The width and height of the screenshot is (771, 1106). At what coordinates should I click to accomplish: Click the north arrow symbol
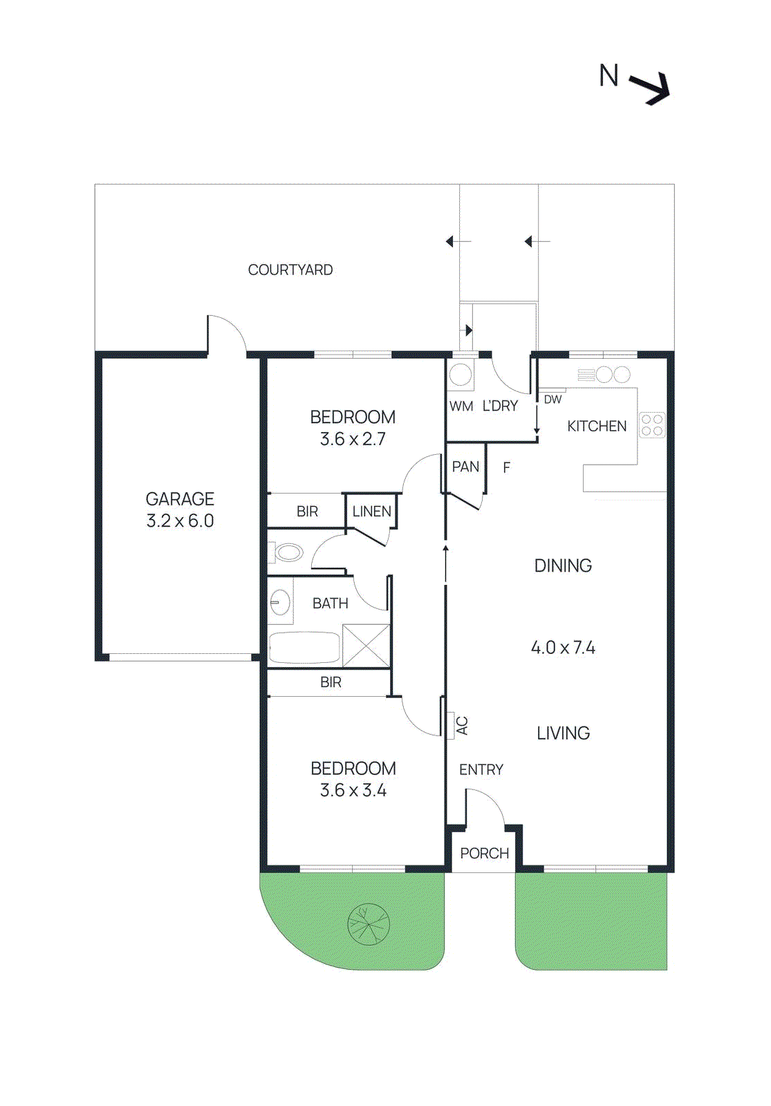(651, 88)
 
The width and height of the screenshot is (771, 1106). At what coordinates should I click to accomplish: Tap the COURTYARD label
(290, 270)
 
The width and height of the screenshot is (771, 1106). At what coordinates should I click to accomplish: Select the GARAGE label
(180, 499)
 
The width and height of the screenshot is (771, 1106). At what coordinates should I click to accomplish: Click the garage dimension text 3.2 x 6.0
(180, 521)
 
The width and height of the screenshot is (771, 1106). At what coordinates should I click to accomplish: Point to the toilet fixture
(288, 553)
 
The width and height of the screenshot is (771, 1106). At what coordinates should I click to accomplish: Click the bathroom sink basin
(279, 602)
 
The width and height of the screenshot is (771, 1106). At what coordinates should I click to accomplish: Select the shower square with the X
(366, 646)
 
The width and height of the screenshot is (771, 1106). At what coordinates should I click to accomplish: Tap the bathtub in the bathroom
(304, 648)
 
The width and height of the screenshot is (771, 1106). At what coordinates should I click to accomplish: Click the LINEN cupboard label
(371, 512)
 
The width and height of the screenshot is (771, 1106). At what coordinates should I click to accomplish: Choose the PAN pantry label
(465, 467)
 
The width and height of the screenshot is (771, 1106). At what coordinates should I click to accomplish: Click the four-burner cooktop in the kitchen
(652, 424)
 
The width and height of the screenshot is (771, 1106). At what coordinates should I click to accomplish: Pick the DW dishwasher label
(552, 400)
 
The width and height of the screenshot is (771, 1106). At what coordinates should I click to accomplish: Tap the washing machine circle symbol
(461, 375)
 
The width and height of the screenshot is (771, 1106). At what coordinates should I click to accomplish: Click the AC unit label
(462, 726)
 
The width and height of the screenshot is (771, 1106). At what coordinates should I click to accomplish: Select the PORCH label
(484, 854)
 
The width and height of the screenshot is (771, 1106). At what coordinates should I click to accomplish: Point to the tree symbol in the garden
(369, 924)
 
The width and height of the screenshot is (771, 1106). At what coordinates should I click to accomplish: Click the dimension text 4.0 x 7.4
(563, 648)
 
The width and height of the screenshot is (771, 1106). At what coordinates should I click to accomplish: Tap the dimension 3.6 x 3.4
(353, 791)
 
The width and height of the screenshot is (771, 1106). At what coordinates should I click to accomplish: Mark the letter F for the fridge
(506, 468)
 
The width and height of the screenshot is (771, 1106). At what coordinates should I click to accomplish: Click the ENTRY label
(481, 770)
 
